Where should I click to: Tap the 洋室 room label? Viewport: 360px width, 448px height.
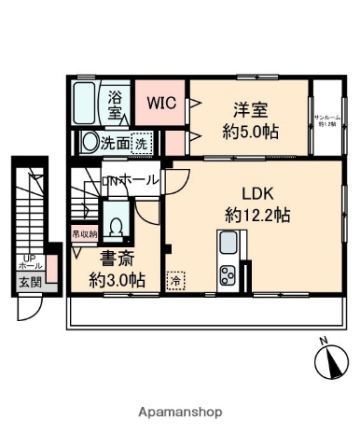pos(250,110)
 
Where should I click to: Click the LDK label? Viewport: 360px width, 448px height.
pos(256,195)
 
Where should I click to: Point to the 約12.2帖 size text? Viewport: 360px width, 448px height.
pos(256,215)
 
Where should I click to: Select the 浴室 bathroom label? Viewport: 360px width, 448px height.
pos(117,104)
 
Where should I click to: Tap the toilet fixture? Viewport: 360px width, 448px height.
pos(115,225)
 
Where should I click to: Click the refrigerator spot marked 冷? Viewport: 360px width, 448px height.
pos(174,279)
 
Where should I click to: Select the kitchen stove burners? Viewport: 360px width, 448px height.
pos(228,275)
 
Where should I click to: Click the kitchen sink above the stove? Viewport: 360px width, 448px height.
pos(228,245)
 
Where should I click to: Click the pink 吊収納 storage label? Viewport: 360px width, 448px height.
pos(84,236)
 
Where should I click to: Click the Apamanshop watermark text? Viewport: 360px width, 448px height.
pos(179,411)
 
